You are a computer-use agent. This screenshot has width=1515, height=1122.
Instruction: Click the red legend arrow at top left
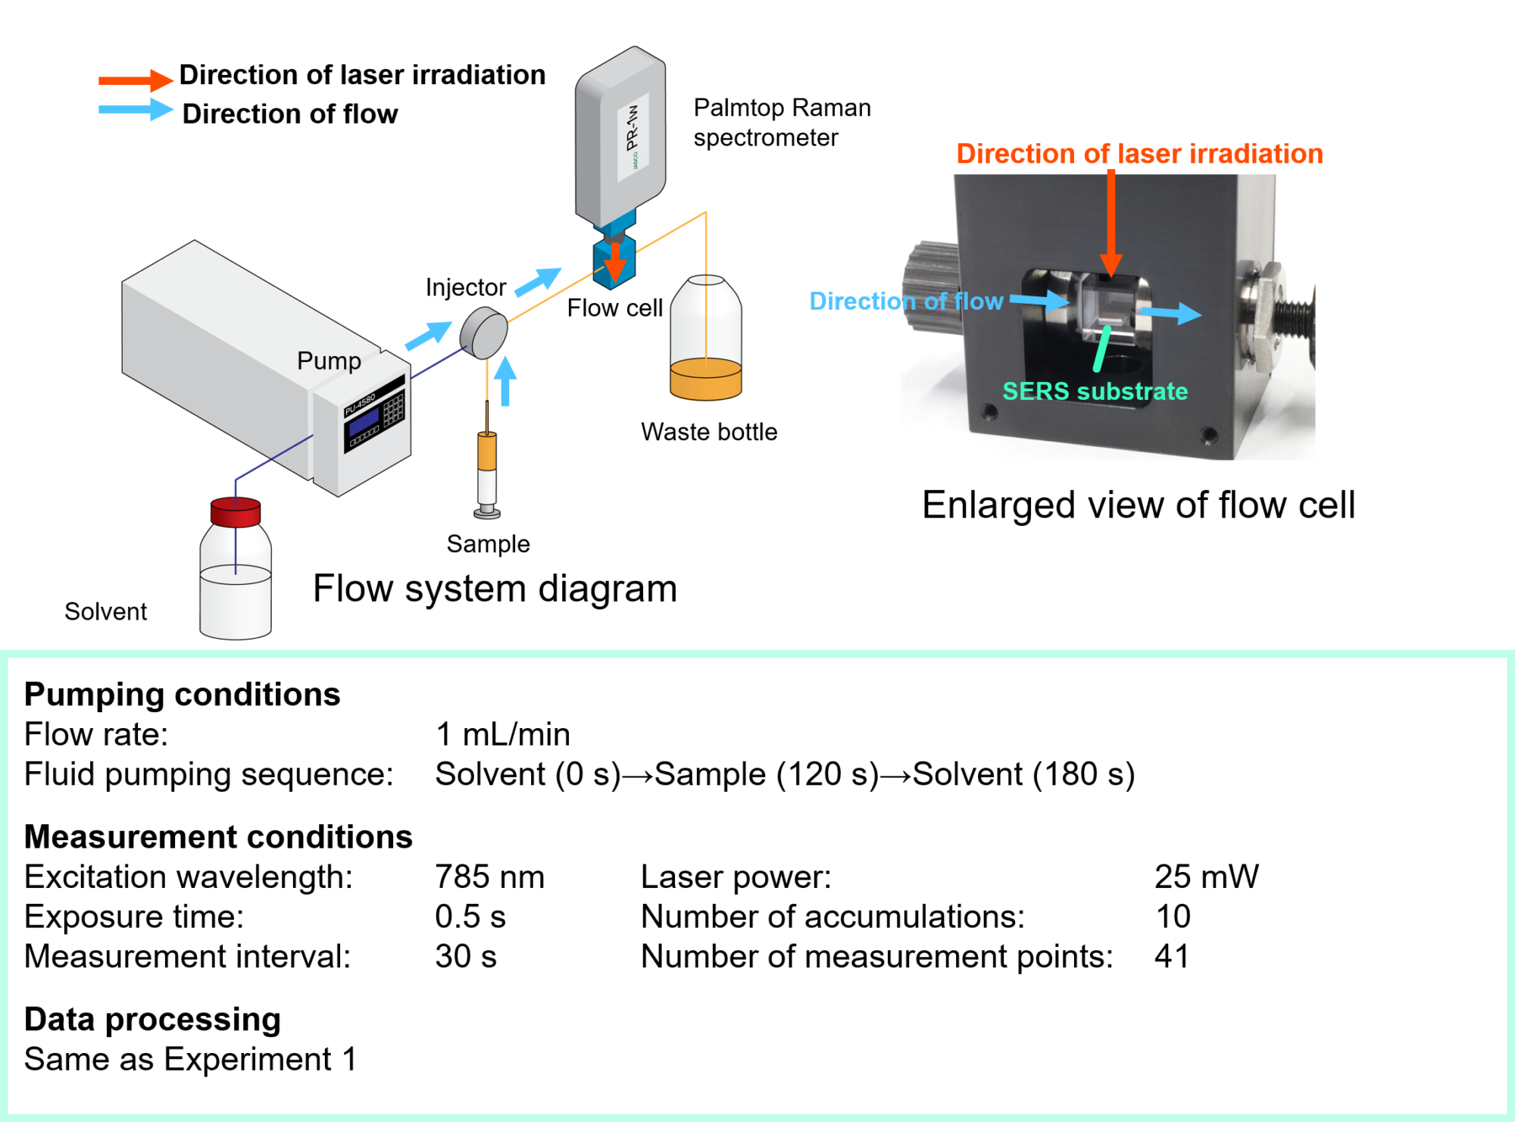(x=136, y=80)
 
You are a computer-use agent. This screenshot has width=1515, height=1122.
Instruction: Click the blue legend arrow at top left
(x=136, y=109)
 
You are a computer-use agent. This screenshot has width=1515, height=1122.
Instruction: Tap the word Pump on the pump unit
(x=329, y=361)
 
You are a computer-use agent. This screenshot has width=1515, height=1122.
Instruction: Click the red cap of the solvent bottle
(x=236, y=511)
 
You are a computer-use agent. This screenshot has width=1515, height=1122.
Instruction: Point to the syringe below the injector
(x=487, y=473)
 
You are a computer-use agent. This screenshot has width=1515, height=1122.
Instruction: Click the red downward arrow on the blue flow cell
(x=615, y=261)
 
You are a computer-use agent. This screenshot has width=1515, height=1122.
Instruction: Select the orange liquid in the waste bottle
(x=705, y=381)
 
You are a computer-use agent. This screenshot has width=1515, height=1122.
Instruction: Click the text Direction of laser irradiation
(x=1139, y=154)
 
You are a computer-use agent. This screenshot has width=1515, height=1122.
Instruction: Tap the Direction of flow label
(x=906, y=302)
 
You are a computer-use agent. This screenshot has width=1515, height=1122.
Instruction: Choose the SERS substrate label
(x=1095, y=391)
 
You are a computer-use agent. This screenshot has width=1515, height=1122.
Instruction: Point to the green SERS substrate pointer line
(x=1102, y=348)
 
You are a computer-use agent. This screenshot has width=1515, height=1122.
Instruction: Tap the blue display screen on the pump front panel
(x=364, y=421)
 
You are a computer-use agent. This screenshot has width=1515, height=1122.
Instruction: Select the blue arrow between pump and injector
(x=428, y=336)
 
